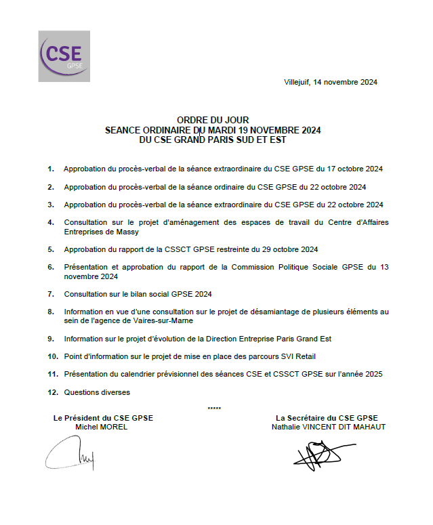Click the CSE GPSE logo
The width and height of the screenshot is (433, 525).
64,56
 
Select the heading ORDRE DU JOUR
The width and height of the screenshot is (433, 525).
213,121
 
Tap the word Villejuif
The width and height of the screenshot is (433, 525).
297,83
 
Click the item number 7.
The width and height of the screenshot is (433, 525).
51,294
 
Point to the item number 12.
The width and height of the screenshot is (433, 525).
52,392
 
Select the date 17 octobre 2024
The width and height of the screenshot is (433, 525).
355,169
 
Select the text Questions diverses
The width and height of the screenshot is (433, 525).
97,392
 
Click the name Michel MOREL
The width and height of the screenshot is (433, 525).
101,427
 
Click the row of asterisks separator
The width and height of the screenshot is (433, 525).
214,408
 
